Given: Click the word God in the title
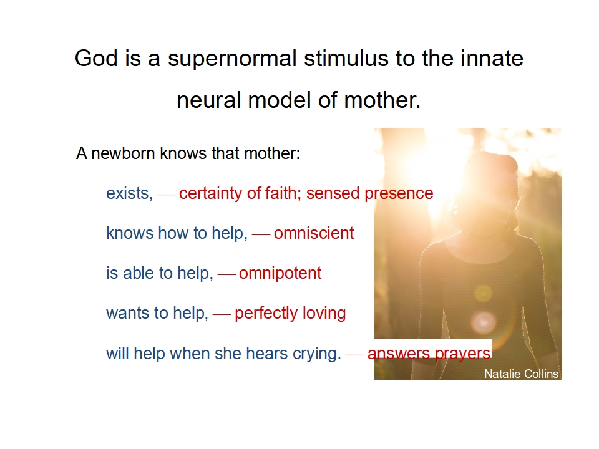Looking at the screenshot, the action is click(96, 59).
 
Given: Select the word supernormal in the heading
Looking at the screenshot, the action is click(232, 60).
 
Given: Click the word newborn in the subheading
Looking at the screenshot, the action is click(124, 153).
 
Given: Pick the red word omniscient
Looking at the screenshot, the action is click(314, 233).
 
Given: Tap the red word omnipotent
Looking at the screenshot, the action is click(280, 273).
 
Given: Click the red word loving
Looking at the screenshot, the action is click(324, 314).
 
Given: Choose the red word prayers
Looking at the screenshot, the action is click(462, 354).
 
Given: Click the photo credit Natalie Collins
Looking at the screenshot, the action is click(522, 374).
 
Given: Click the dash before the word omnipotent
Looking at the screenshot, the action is click(226, 275).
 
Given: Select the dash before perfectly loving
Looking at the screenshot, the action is click(222, 314).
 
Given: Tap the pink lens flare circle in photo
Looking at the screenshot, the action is click(484, 322).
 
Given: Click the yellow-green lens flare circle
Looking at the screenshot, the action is click(483, 294).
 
